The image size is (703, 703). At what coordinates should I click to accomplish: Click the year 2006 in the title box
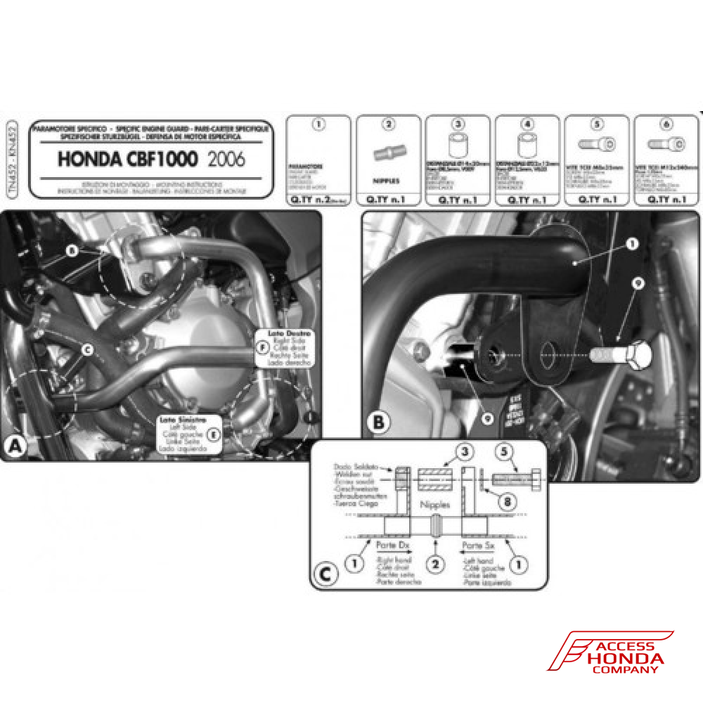pos(227,159)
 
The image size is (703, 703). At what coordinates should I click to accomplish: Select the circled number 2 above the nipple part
pos(387,125)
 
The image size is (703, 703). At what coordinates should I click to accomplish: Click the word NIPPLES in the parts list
pos(387,181)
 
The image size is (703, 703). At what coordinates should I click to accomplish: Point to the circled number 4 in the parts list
pos(527,125)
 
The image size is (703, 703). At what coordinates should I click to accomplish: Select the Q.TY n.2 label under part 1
pos(318,200)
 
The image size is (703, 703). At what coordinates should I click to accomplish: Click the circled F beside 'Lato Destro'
pos(262,347)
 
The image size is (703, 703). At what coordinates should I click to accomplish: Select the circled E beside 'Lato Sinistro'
pos(213,434)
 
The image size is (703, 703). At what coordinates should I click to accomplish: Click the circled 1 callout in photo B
pos(631,244)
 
